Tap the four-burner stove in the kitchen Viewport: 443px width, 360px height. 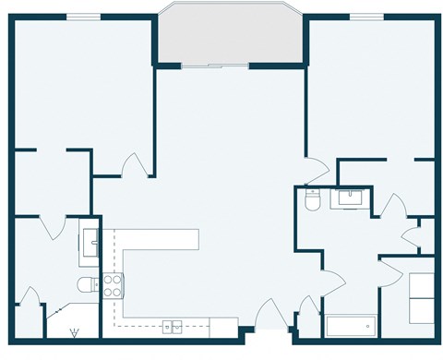tap(113, 285)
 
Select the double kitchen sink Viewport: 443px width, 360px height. tap(173, 326)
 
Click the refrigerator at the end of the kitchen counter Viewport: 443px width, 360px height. tap(223, 327)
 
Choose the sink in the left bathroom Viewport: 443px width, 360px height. tap(90, 242)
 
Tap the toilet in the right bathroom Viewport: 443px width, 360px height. tap(312, 198)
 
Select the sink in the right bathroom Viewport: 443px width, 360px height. tap(351, 197)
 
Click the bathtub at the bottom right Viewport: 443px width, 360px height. tap(350, 326)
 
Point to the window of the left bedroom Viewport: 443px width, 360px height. tap(84, 17)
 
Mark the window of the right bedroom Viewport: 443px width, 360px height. tap(367, 17)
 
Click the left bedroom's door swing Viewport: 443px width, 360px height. tap(135, 166)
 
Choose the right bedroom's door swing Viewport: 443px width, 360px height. tap(316, 170)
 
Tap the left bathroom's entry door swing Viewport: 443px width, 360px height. tap(54, 225)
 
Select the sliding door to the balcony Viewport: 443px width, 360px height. tap(214, 66)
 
